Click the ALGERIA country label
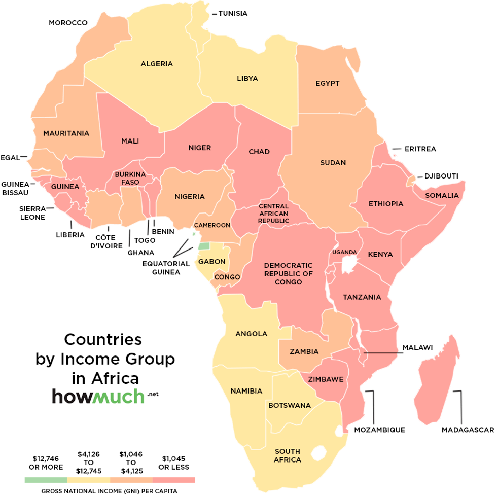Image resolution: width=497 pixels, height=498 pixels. (157, 64)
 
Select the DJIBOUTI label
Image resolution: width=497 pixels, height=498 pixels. (441, 176)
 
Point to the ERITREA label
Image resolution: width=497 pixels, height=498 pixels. (420, 149)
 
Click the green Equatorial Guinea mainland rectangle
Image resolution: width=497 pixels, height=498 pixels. (203, 246)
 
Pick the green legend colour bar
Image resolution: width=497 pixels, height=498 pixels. (46, 480)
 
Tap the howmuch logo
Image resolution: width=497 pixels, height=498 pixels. (98, 396)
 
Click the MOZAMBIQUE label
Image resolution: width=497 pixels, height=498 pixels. (379, 430)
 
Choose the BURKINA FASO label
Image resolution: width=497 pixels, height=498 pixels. (130, 178)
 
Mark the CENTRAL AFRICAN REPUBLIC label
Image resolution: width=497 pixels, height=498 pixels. (273, 214)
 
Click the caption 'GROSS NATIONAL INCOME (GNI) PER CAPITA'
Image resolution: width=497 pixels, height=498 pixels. (110, 491)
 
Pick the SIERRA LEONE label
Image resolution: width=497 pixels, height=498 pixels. (32, 213)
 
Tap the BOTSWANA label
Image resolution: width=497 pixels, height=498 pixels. (289, 405)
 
